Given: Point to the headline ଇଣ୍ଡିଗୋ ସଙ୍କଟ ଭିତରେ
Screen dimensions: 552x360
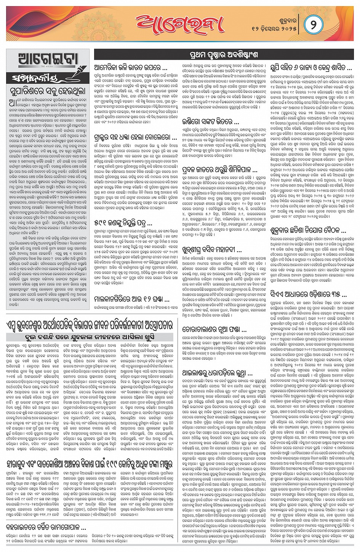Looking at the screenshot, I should point(211,122).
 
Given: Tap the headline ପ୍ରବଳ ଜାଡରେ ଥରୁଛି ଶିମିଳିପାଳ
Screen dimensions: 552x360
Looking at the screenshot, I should point(220,169).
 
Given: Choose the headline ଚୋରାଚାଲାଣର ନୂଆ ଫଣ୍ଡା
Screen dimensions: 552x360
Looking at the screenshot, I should point(215,329).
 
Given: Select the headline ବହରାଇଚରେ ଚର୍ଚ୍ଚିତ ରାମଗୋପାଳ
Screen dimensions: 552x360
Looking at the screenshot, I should point(46,528).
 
